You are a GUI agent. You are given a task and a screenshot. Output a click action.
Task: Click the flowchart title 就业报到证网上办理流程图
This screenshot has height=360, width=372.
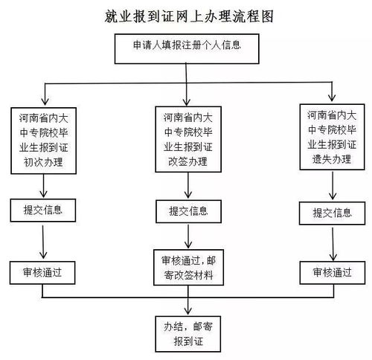pos(185,16)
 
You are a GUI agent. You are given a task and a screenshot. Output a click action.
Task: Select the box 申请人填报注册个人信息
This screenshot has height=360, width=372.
pos(186,48)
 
